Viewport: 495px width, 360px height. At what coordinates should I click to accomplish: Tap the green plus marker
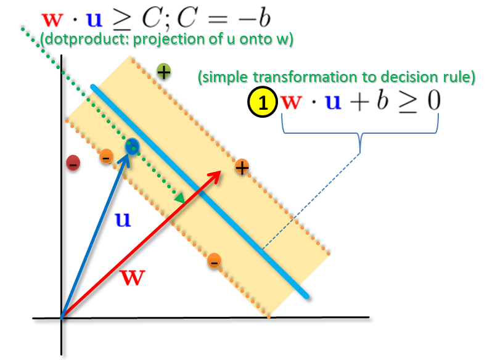pyautogui.click(x=163, y=72)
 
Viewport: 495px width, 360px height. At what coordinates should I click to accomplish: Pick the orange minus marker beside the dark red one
pyautogui.click(x=106, y=157)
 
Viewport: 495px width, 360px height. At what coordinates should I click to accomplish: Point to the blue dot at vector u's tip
pyautogui.click(x=131, y=146)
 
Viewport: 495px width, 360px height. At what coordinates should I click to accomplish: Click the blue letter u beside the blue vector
pyautogui.click(x=123, y=220)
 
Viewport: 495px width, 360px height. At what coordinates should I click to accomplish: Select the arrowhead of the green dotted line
pyautogui.click(x=181, y=200)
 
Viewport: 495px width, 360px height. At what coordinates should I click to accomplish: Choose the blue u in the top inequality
pyautogui.click(x=94, y=20)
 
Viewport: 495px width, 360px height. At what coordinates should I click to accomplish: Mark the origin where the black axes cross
pyautogui.click(x=61, y=318)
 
